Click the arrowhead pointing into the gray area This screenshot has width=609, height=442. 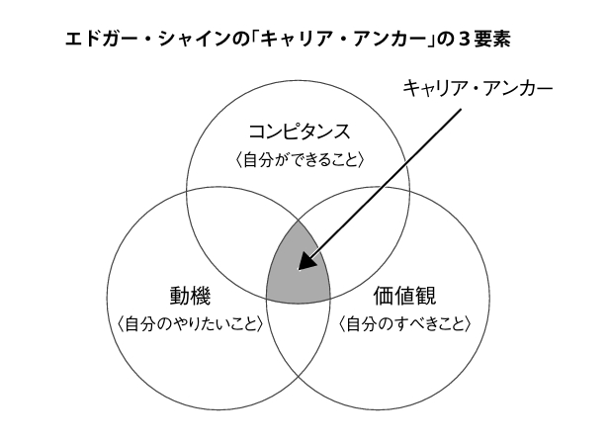tap(305, 262)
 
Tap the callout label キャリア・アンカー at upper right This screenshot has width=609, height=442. tap(477, 89)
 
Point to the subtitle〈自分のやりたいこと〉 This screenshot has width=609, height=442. tap(191, 323)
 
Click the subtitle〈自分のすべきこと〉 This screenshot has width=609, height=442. tap(405, 323)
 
